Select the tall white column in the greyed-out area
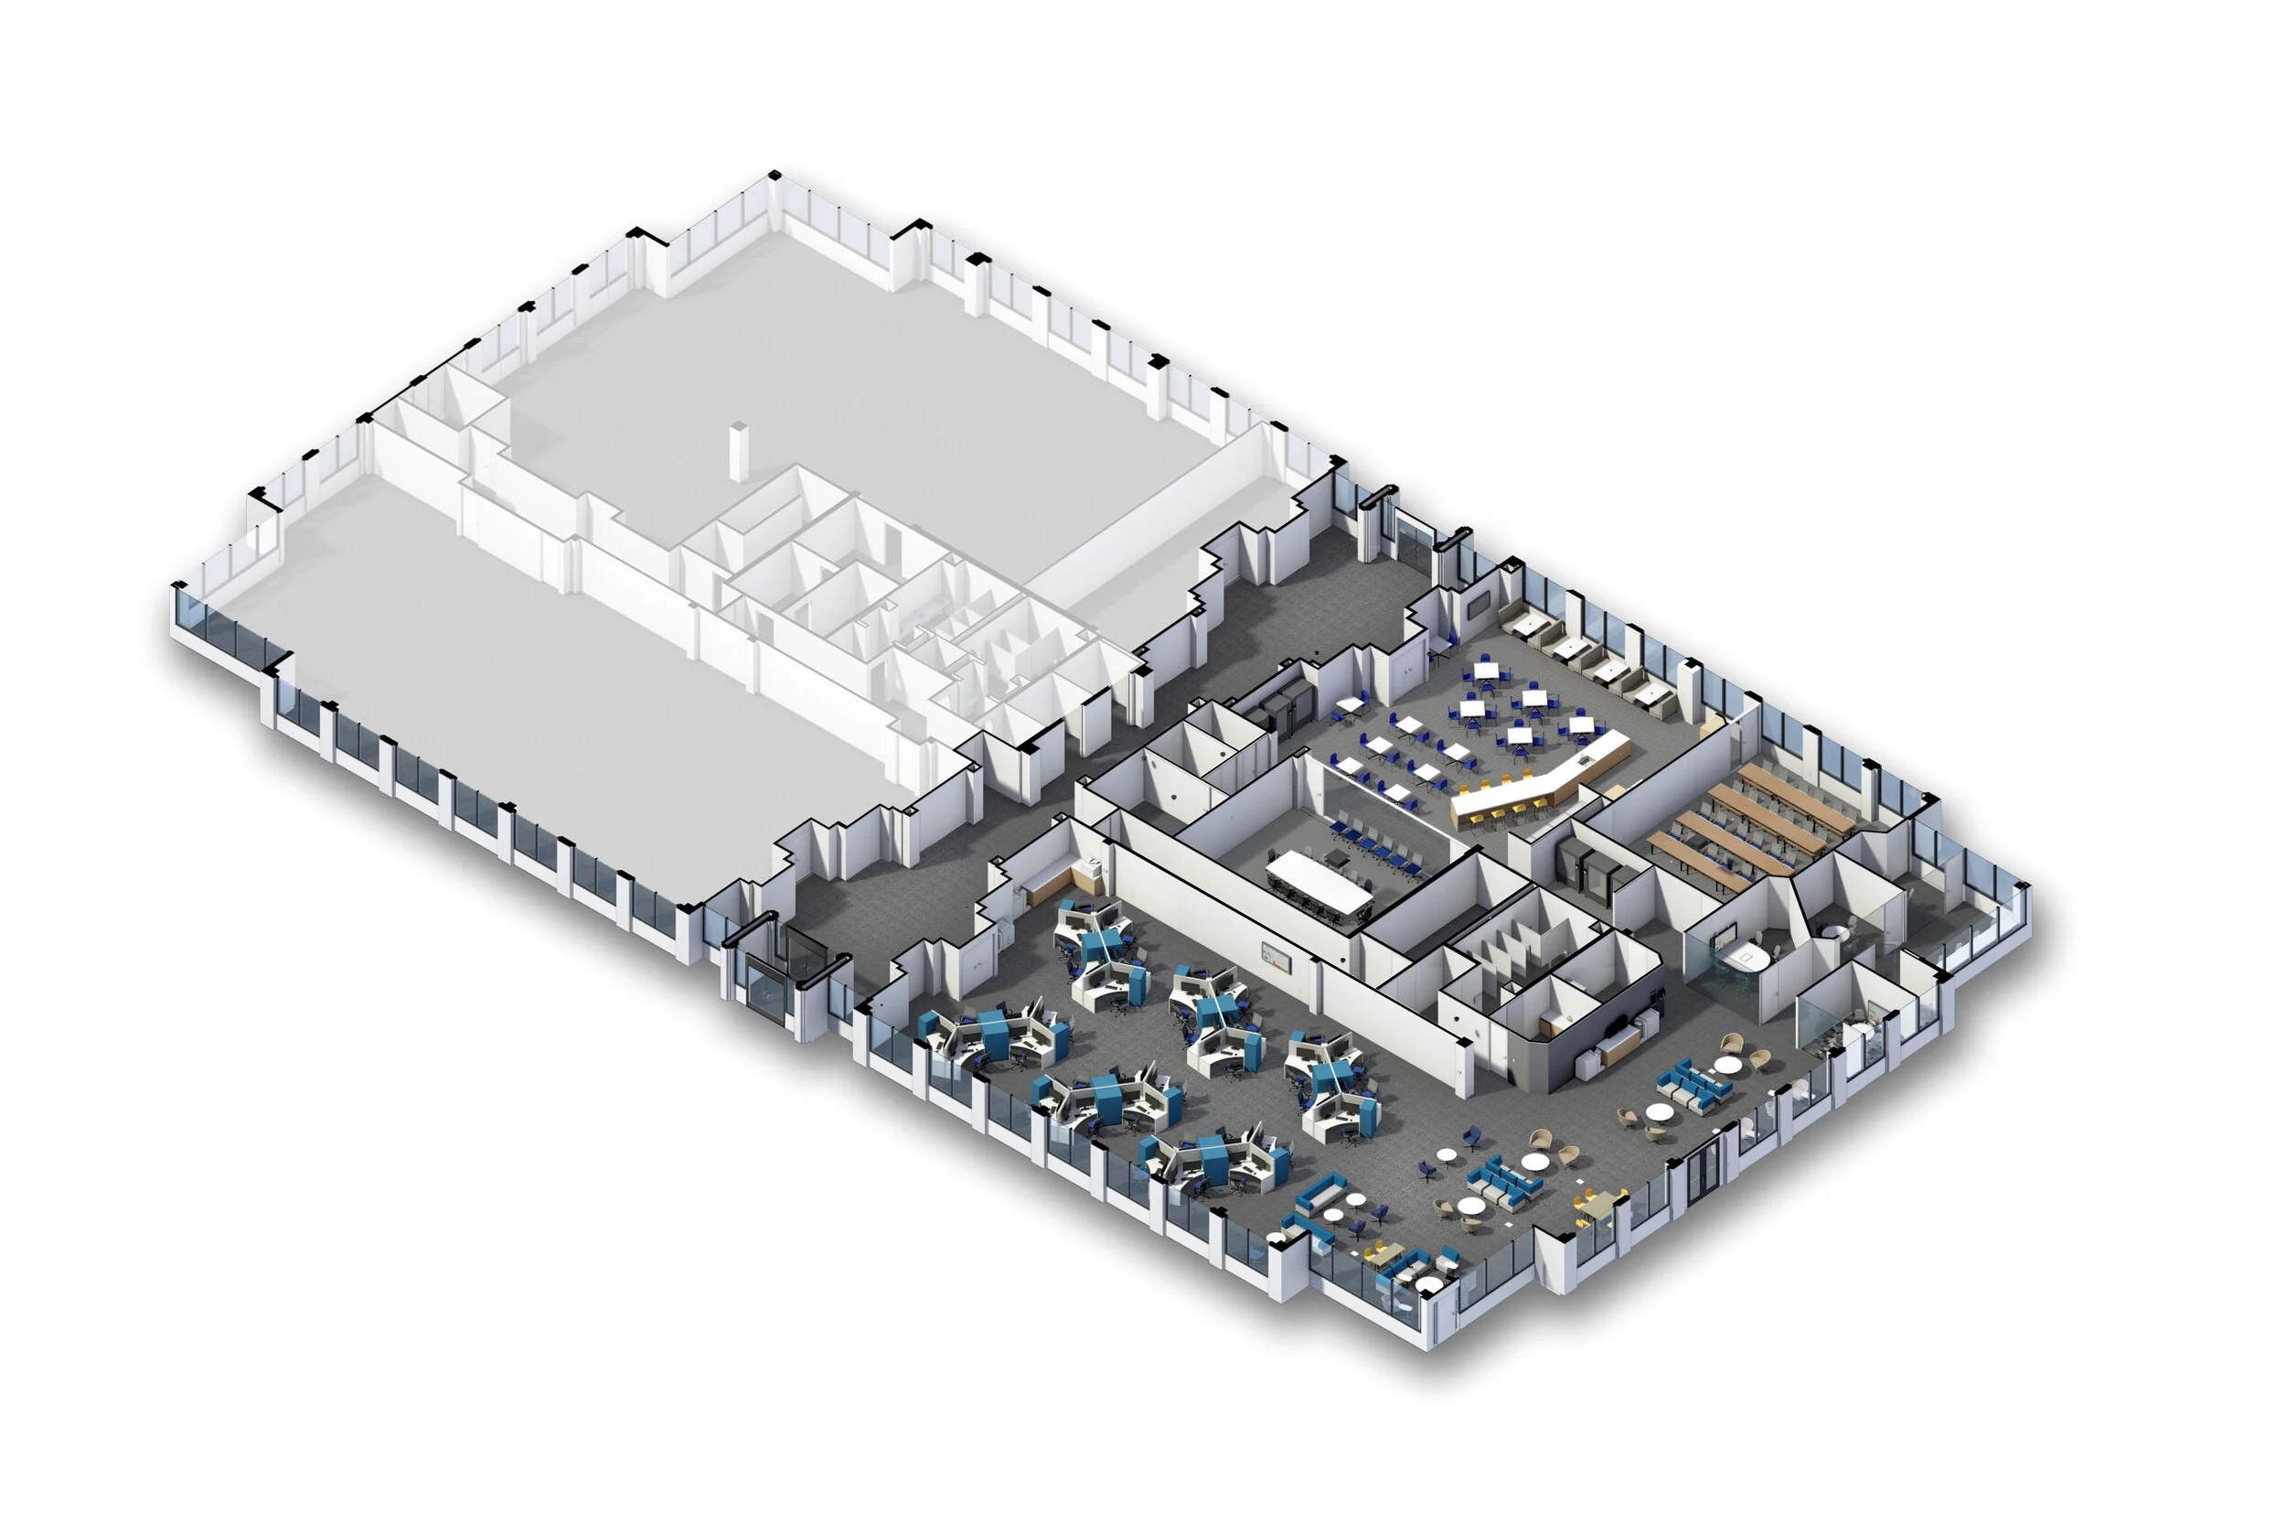click(x=741, y=451)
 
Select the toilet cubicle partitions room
click(x=1515, y=933)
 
